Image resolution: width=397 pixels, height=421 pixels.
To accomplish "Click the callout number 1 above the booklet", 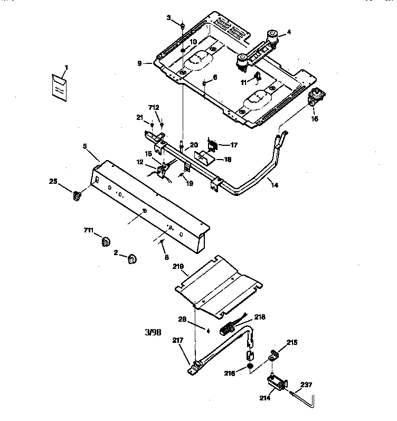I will tap(67, 67).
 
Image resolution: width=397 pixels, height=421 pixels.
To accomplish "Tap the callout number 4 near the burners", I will tap(288, 33).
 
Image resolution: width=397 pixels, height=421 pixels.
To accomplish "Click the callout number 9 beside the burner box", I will tap(139, 63).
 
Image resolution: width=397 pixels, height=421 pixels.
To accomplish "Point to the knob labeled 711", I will tap(106, 241).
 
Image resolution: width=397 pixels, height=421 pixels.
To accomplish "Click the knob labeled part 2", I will tap(131, 259).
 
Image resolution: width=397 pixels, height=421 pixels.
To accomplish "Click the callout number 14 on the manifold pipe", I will tap(272, 185).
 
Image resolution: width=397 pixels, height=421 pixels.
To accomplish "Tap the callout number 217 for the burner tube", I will tap(177, 340).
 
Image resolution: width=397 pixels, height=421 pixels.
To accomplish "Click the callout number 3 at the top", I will tap(169, 18).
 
